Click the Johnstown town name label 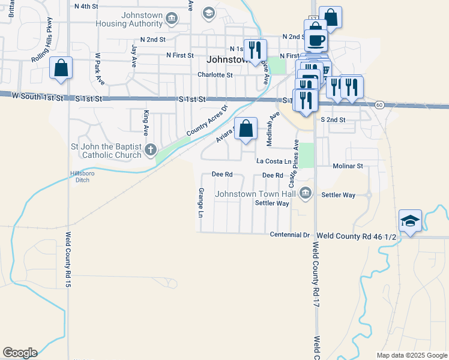[x=228, y=60]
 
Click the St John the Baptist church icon [x=151, y=149]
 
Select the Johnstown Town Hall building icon [x=306, y=193]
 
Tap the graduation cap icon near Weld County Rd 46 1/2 [x=411, y=221]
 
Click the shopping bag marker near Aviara [x=246, y=128]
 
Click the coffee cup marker [x=316, y=40]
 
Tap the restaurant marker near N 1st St [x=256, y=50]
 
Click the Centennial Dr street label [x=289, y=235]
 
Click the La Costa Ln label [x=274, y=161]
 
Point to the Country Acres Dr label [x=208, y=120]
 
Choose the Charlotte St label [x=215, y=75]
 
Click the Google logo [x=20, y=353]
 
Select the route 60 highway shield [x=379, y=105]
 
